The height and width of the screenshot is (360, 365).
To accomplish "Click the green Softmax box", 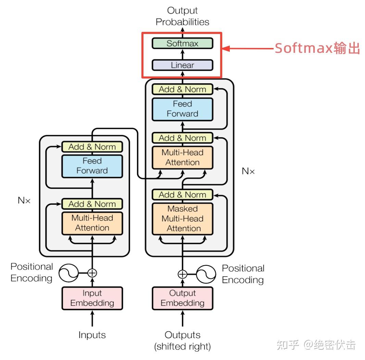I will [x=182, y=44].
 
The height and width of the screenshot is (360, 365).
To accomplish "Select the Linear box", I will [x=182, y=65].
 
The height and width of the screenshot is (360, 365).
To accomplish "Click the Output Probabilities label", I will [x=182, y=16].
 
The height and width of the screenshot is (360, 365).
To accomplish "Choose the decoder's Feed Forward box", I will [x=182, y=109].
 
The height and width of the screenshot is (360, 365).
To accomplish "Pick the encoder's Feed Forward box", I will [x=92, y=166].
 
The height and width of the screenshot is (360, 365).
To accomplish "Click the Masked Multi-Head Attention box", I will [x=182, y=219].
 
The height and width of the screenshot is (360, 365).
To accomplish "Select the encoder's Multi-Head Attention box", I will [x=92, y=223].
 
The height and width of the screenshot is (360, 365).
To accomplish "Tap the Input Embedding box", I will [x=92, y=298].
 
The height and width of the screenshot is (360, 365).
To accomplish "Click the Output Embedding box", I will [x=182, y=298].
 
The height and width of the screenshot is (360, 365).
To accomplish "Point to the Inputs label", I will [x=92, y=335].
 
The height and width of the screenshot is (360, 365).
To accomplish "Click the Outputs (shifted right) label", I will [x=182, y=340].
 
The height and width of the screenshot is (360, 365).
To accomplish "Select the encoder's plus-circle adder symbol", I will [x=92, y=273].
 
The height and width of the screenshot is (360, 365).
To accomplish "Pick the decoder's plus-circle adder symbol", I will [x=182, y=274].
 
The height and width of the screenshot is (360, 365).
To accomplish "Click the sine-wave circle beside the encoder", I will [x=68, y=273].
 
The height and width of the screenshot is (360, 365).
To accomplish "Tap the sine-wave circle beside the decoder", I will [x=206, y=274].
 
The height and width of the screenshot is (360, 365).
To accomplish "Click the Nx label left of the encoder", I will [x=24, y=201].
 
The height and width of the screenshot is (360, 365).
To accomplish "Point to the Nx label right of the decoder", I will [x=248, y=171].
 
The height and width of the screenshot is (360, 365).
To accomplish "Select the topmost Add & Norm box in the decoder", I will [x=182, y=89].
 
